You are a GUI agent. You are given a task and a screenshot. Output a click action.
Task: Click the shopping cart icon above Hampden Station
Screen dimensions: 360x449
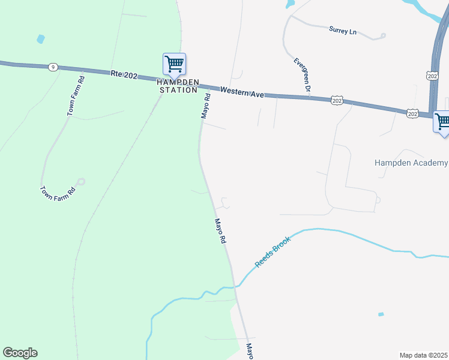click(x=174, y=63)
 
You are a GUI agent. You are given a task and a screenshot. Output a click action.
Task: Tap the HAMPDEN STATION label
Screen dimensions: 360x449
click(x=177, y=86)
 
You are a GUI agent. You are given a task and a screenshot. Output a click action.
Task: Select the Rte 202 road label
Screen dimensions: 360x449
click(x=125, y=74)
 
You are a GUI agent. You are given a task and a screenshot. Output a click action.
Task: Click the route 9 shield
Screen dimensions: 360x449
click(x=53, y=67)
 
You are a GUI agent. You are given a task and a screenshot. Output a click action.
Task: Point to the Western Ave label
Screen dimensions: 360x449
click(x=242, y=93)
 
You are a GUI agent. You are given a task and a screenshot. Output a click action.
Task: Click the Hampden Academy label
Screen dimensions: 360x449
click(x=411, y=163)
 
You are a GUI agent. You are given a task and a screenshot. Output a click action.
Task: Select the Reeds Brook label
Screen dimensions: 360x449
click(x=273, y=251)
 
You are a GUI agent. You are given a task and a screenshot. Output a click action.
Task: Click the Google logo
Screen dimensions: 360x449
click(x=20, y=353)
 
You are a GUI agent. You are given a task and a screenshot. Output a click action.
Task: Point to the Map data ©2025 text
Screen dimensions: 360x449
click(x=423, y=355)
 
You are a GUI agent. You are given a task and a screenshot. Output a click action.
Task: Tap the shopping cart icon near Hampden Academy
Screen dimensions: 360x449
click(x=442, y=121)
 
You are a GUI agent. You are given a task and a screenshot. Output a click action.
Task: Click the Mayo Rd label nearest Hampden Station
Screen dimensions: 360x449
click(x=205, y=106)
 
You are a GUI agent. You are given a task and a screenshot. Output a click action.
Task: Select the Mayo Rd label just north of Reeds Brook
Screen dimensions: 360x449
click(x=220, y=230)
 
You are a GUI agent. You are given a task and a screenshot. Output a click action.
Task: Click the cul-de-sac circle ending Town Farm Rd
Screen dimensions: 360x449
click(x=81, y=181)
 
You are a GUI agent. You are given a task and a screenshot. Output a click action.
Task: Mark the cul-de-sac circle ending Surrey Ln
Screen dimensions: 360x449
click(x=383, y=36)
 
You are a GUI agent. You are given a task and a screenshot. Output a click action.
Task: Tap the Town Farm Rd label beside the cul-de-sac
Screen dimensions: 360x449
click(x=57, y=193)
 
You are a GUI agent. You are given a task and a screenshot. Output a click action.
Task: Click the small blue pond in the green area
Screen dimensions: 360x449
click(x=40, y=39)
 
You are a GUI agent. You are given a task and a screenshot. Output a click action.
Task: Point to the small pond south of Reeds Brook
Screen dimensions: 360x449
click(x=381, y=314)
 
